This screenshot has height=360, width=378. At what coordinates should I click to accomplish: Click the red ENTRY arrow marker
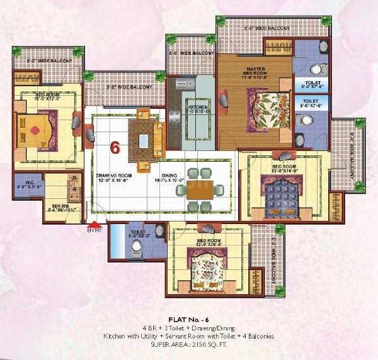coord(94,224)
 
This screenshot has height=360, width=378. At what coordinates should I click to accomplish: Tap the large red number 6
coord(115,147)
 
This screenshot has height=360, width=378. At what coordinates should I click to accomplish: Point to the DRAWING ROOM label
coord(113,177)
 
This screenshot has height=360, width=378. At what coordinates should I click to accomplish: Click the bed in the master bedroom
coord(267,108)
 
